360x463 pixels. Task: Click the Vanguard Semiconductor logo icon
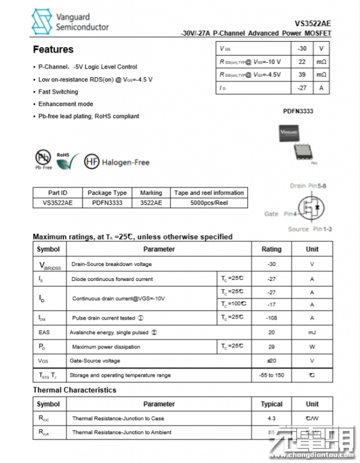pos(43,22)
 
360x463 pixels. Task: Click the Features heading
pos(53,49)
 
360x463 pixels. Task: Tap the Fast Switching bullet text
pos(58,92)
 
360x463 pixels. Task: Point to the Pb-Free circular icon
pos(43,159)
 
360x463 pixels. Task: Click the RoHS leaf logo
pos(68,160)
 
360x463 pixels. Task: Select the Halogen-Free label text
pos(125,162)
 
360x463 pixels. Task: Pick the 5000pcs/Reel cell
pos(209,203)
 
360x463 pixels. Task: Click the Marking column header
pos(151,193)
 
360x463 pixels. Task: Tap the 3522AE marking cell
pos(151,203)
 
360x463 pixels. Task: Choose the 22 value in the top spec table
pos(302,61)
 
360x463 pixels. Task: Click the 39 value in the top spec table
pos(302,75)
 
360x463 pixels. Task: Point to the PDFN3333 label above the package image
pos(298,112)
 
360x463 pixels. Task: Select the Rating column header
pos(271,249)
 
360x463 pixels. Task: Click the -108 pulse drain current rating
pos(271,318)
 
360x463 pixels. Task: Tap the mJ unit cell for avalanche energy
pos(312,332)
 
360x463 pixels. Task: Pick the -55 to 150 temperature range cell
pos(271,375)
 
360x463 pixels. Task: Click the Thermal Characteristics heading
pos(74,390)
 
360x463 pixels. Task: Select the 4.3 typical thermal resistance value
pos(271,418)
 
